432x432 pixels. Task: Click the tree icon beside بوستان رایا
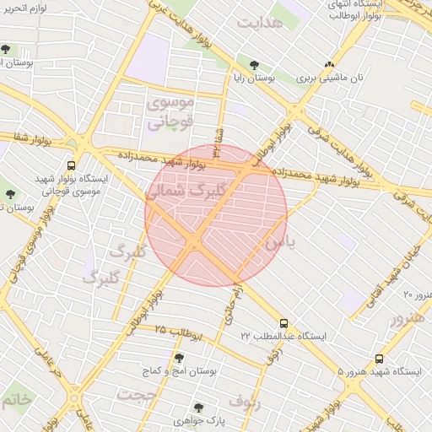click(254, 63)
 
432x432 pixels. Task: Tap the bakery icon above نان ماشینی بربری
click(329, 63)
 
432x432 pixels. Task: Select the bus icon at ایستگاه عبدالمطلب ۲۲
click(283, 322)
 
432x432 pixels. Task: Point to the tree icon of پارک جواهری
click(199, 407)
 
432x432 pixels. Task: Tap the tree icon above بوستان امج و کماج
click(169, 358)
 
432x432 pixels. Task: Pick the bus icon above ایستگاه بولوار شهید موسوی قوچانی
click(71, 166)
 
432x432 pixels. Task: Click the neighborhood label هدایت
click(260, 23)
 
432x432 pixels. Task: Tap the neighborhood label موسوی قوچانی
click(170, 112)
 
